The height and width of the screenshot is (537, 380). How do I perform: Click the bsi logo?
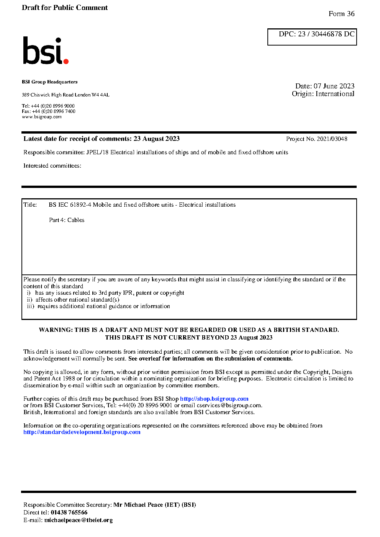click(x=45, y=51)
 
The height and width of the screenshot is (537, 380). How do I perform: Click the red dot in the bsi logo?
click(x=66, y=61)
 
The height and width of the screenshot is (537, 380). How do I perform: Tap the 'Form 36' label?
click(x=341, y=14)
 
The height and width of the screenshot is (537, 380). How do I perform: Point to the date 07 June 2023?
click(x=334, y=86)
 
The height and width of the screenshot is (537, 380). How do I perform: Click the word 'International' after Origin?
click(x=335, y=94)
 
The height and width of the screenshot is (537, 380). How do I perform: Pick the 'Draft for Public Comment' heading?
click(x=65, y=8)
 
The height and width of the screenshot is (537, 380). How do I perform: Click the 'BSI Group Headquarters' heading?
click(x=49, y=82)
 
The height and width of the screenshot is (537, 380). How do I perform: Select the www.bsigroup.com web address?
click(x=42, y=117)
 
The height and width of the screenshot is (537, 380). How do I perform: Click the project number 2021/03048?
click(x=332, y=139)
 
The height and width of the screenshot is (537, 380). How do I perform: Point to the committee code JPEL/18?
click(x=97, y=152)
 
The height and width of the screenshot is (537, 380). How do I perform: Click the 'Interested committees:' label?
click(x=52, y=166)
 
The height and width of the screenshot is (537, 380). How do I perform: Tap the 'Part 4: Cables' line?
click(x=67, y=220)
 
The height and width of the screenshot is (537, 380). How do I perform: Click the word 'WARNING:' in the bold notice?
click(x=56, y=330)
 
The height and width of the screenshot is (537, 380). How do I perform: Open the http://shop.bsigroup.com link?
click(x=214, y=399)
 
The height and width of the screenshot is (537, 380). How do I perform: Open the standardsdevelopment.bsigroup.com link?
click(x=82, y=432)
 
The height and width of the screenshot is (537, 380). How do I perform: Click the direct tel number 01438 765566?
click(x=69, y=513)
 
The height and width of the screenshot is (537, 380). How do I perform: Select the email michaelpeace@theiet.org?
click(x=79, y=520)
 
